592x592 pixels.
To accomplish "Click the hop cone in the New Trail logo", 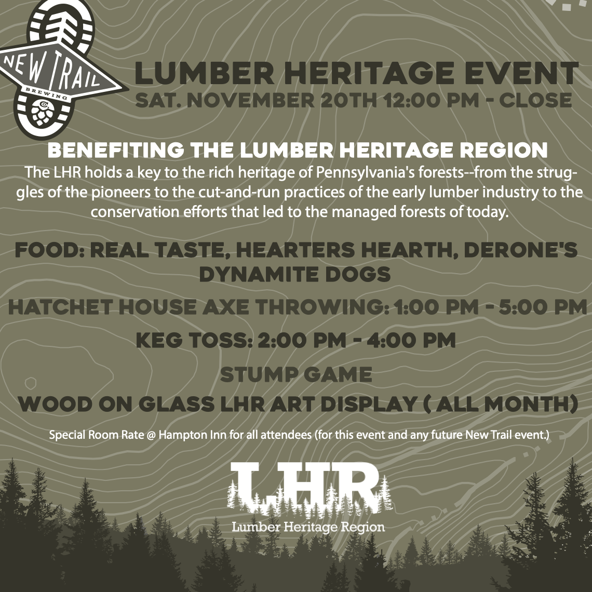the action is [42, 114].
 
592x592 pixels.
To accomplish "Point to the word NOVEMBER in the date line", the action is [251, 100].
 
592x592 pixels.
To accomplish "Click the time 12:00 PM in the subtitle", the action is [431, 100].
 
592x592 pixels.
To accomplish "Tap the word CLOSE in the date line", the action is [535, 100].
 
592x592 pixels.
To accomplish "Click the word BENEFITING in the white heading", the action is [116, 150].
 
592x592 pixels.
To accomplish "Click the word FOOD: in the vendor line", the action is [50, 250].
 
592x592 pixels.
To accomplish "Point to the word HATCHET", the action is [60, 306].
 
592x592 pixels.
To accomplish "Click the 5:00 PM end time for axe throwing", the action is [543, 306].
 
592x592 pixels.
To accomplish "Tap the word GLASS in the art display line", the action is [177, 405].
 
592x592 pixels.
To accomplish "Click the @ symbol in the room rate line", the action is [152, 435].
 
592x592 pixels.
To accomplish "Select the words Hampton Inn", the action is [193, 435].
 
